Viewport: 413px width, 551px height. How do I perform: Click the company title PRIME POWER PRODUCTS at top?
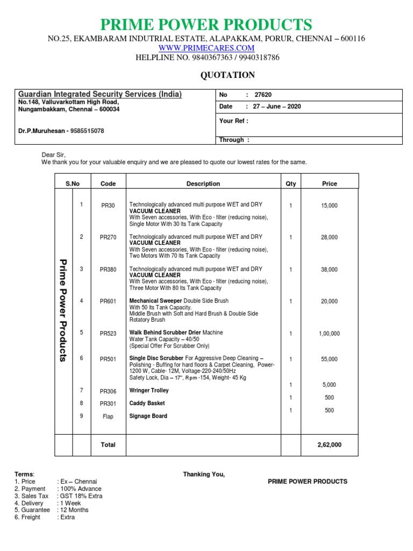[206, 24]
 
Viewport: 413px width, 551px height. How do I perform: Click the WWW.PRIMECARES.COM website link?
[206, 48]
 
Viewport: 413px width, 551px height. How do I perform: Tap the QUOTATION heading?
[227, 75]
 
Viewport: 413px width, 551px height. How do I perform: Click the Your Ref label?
[233, 121]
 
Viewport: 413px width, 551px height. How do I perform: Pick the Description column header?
[203, 183]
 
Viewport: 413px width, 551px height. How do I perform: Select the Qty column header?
[291, 183]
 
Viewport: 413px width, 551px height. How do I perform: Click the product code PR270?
[108, 237]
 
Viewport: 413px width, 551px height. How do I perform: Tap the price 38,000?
[329, 270]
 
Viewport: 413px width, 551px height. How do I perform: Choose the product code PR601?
[108, 302]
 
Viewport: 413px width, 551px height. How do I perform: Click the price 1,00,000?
[329, 334]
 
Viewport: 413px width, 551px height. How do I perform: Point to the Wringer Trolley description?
[149, 391]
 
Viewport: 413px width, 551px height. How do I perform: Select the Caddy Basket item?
[147, 403]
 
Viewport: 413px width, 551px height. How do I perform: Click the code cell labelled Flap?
[108, 416]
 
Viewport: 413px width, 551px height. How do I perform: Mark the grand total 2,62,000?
[329, 445]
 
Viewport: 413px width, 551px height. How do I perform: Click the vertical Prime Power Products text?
[63, 310]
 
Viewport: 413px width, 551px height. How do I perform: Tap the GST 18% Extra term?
[81, 496]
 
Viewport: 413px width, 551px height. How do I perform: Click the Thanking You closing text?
[204, 474]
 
